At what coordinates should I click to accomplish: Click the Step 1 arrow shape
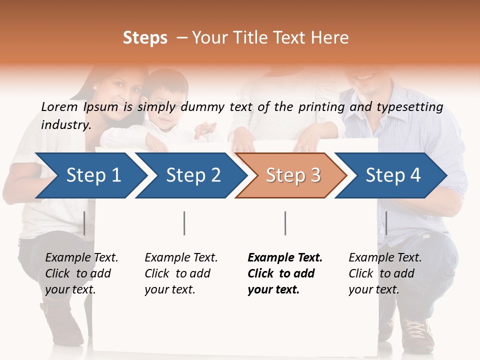(90, 175)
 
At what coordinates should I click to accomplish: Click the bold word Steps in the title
(145, 38)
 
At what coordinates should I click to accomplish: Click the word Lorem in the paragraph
(59, 106)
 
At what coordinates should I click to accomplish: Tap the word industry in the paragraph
(65, 124)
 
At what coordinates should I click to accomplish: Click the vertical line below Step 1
(84, 223)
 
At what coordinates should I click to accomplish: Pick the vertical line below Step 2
(184, 223)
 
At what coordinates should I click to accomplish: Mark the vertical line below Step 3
(285, 223)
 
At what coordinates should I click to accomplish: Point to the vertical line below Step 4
(386, 223)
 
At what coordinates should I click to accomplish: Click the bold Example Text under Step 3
(285, 258)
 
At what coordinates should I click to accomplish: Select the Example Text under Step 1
(81, 258)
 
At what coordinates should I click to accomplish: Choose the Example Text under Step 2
(181, 258)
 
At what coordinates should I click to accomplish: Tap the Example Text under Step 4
(385, 258)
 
